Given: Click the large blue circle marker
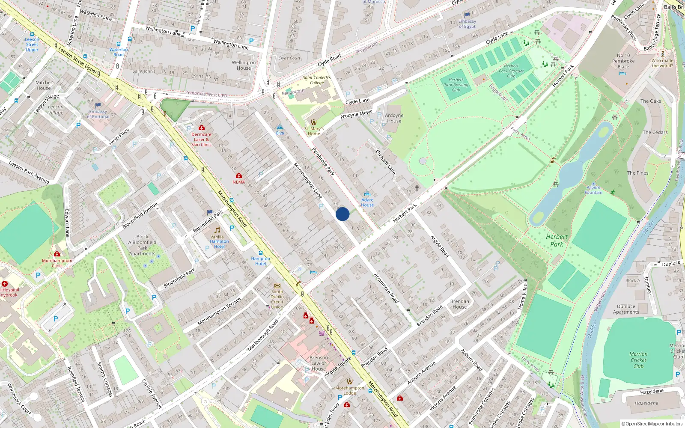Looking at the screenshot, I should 342,214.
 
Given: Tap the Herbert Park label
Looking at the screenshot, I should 557,241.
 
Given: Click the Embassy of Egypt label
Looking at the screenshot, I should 467,24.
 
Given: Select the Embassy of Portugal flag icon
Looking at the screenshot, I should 98,105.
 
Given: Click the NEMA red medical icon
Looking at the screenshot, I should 239,176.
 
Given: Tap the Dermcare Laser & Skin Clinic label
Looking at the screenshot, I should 201,140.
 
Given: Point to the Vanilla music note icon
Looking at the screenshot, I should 217,230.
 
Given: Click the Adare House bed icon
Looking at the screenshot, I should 367,194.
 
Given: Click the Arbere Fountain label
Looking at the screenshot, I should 593,190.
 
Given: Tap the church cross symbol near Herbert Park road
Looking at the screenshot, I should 417,188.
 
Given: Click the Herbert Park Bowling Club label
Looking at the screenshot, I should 456,85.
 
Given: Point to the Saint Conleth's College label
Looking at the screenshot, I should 317,80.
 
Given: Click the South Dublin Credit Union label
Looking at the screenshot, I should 277,299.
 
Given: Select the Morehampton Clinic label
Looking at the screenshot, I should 57,263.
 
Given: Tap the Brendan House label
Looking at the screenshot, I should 459,304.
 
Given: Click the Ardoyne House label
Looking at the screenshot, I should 394,118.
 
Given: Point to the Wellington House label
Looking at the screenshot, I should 244,65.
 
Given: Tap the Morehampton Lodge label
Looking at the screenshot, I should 349,390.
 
